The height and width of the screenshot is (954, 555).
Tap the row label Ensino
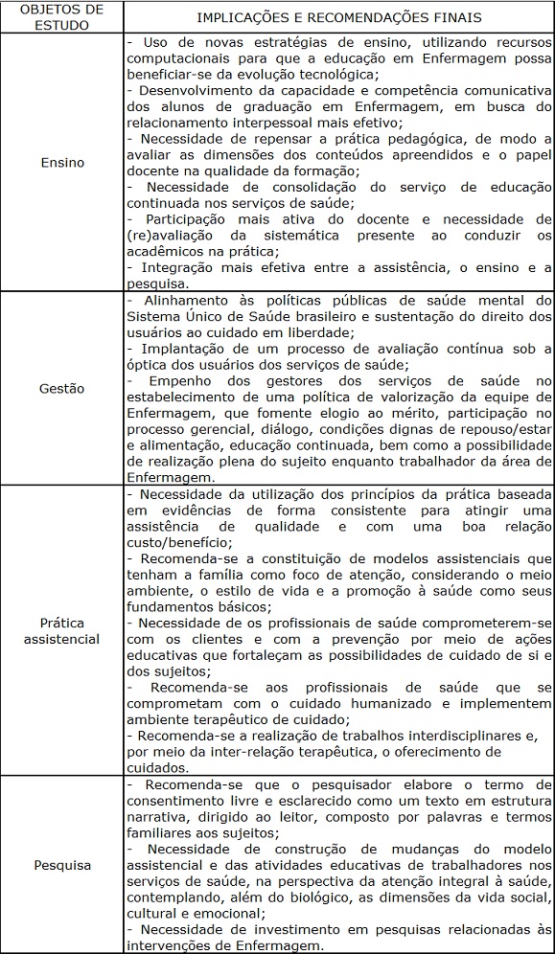[x=62, y=163]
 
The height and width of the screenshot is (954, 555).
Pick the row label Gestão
[x=62, y=389]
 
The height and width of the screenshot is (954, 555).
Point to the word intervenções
[x=172, y=944]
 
